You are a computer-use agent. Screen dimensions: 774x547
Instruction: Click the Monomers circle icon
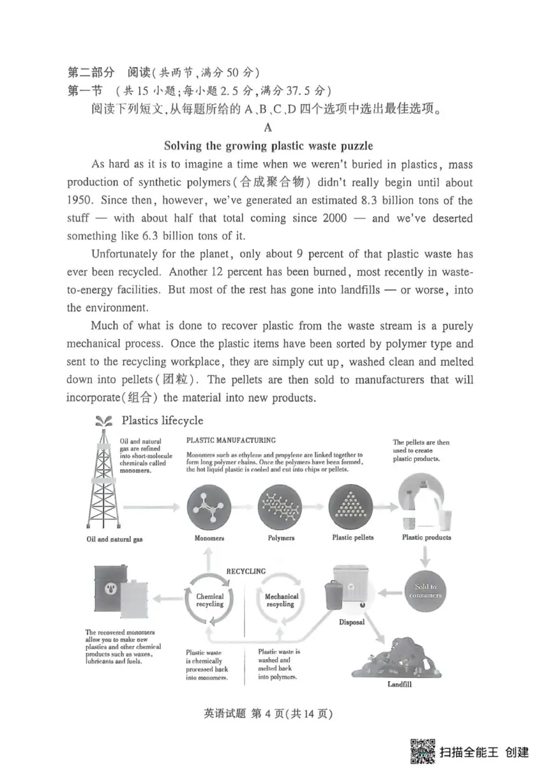coord(209,505)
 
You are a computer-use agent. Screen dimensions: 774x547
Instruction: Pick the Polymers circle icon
coord(280,505)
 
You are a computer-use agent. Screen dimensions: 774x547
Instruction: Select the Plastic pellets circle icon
coord(352,505)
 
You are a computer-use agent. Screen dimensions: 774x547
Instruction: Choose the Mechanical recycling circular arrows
coord(280,600)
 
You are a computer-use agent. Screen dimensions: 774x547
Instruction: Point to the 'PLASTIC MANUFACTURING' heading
coord(231,440)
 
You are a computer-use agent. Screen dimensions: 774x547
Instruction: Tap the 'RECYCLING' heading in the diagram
coord(245,571)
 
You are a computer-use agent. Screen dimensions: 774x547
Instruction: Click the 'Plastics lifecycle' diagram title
coord(161,420)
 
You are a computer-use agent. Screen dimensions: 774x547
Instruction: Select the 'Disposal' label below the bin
coord(351,622)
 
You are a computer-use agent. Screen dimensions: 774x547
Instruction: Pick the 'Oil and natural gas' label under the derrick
coord(111,539)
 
